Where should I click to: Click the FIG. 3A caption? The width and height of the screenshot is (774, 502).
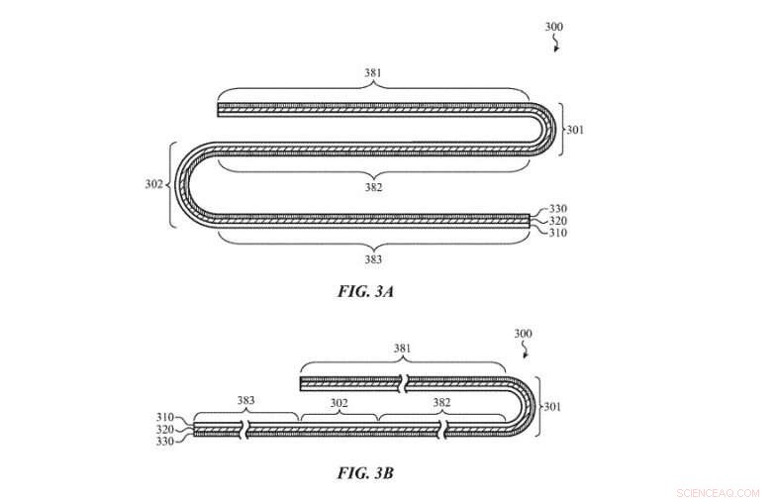(x=365, y=291)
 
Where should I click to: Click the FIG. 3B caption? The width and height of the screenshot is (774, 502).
(x=365, y=473)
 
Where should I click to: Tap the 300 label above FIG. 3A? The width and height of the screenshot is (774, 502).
(x=554, y=27)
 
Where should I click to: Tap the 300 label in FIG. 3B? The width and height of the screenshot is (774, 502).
(x=523, y=334)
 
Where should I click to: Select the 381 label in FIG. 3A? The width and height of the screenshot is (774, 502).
(x=373, y=73)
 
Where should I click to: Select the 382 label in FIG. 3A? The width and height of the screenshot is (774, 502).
(x=374, y=187)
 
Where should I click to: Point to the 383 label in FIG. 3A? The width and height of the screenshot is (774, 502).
(x=373, y=259)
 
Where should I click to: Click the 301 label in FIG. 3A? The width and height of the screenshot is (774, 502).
(x=575, y=130)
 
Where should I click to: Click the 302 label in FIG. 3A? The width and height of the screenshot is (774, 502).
(x=154, y=184)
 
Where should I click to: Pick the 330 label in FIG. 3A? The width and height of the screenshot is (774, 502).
(x=558, y=209)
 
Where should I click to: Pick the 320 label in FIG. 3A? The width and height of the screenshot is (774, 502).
(x=558, y=221)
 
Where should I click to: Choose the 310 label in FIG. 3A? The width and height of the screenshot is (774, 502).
(x=558, y=233)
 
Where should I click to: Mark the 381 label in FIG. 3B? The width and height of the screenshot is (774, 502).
(x=402, y=349)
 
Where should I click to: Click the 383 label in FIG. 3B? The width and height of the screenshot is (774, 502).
(x=245, y=400)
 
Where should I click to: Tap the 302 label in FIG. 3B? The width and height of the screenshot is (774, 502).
(x=339, y=403)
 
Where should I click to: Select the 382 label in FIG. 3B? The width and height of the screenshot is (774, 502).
(x=441, y=402)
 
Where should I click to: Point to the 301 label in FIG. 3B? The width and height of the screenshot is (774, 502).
(x=552, y=407)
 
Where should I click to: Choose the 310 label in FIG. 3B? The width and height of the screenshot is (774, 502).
(x=165, y=418)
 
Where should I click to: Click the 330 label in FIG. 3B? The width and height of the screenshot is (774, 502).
(x=165, y=442)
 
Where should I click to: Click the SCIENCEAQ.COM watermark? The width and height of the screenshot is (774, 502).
(x=719, y=493)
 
